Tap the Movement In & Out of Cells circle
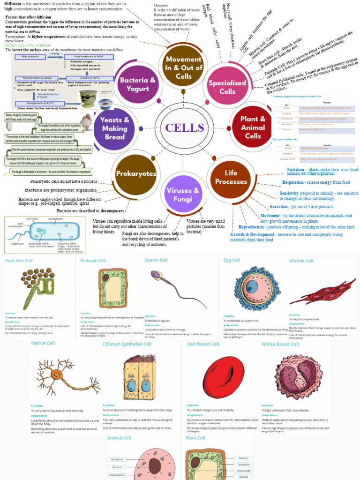[x=184, y=67]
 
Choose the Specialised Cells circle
[x=227, y=86]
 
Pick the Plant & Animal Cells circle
[x=253, y=127]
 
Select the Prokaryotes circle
[x=136, y=174]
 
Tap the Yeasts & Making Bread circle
[x=114, y=128]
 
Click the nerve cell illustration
[x=66, y=375]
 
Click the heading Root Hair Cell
[x=19, y=260]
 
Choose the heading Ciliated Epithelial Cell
[x=127, y=344]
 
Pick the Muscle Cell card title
[x=301, y=261]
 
